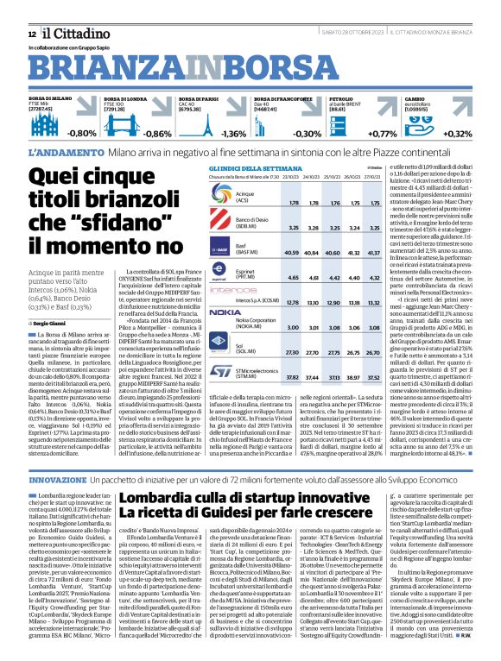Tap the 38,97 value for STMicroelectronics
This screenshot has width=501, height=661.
(351, 353)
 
